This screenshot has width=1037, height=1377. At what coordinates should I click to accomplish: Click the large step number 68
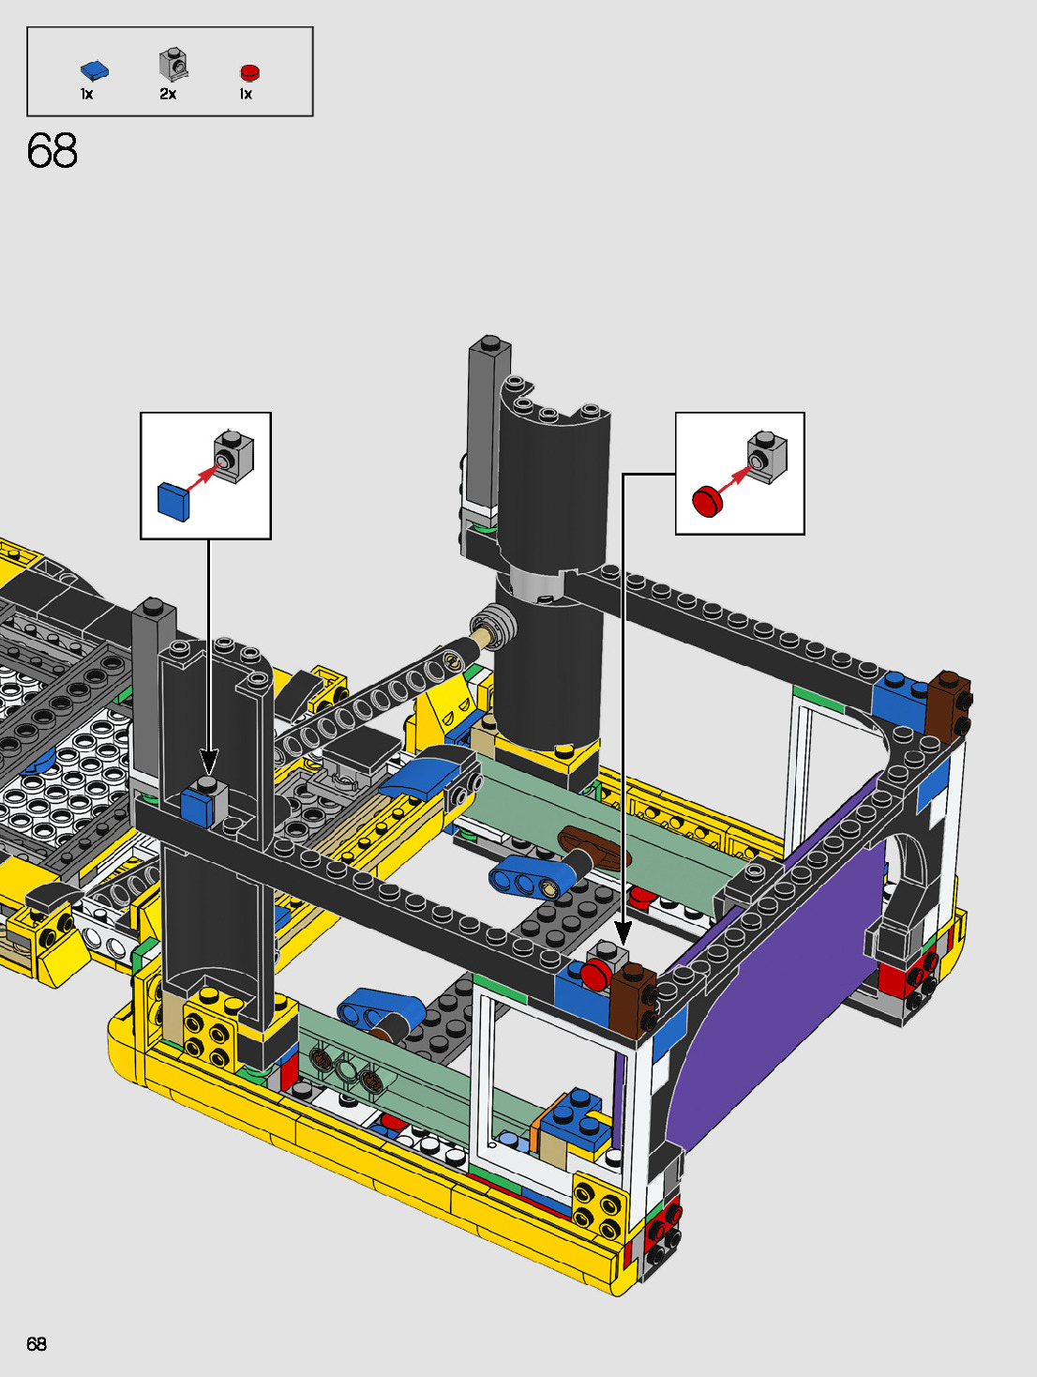(53, 151)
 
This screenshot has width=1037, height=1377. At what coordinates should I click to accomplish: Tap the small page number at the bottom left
(37, 1343)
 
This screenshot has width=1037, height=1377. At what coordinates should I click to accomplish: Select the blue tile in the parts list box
(95, 71)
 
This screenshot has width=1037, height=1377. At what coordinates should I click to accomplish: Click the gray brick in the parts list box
(173, 64)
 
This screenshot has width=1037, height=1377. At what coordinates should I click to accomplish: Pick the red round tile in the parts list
(249, 73)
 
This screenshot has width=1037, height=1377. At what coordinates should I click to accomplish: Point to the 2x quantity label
(168, 94)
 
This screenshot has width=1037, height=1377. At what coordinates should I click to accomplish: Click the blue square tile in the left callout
(173, 501)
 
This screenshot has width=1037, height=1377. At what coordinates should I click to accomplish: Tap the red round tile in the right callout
(707, 501)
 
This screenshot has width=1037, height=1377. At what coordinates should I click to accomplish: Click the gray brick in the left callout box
(233, 457)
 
